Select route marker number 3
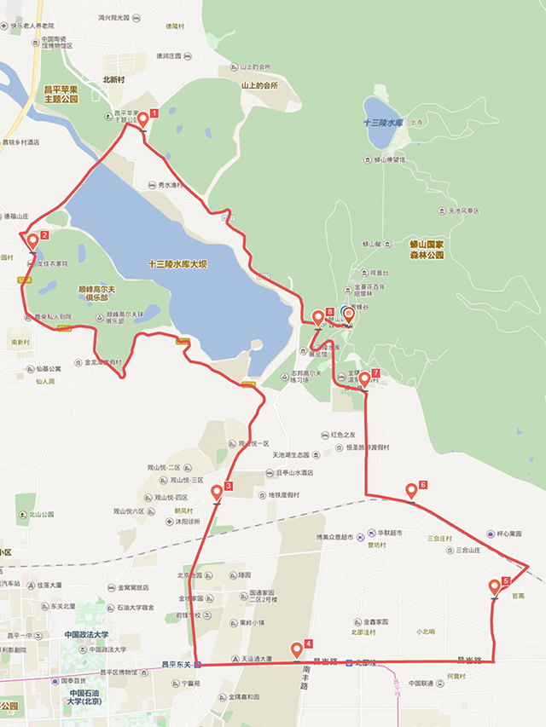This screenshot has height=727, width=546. pyautogui.click(x=217, y=493)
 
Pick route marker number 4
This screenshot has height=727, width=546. pyautogui.click(x=297, y=649)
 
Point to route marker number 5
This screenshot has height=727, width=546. pyautogui.click(x=495, y=587)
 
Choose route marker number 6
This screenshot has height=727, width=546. pyautogui.click(x=411, y=491)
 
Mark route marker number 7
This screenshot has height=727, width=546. pyautogui.click(x=364, y=378)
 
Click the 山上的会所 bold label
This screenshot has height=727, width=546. pyautogui.click(x=259, y=85)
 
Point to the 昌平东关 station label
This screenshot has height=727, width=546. pyautogui.click(x=177, y=664)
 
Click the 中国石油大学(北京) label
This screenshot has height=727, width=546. pyautogui.click(x=86, y=698)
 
